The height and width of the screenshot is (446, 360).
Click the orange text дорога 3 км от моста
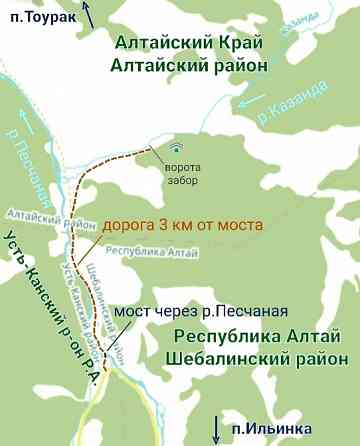176,225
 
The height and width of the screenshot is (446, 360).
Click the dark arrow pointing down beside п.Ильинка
215,428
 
